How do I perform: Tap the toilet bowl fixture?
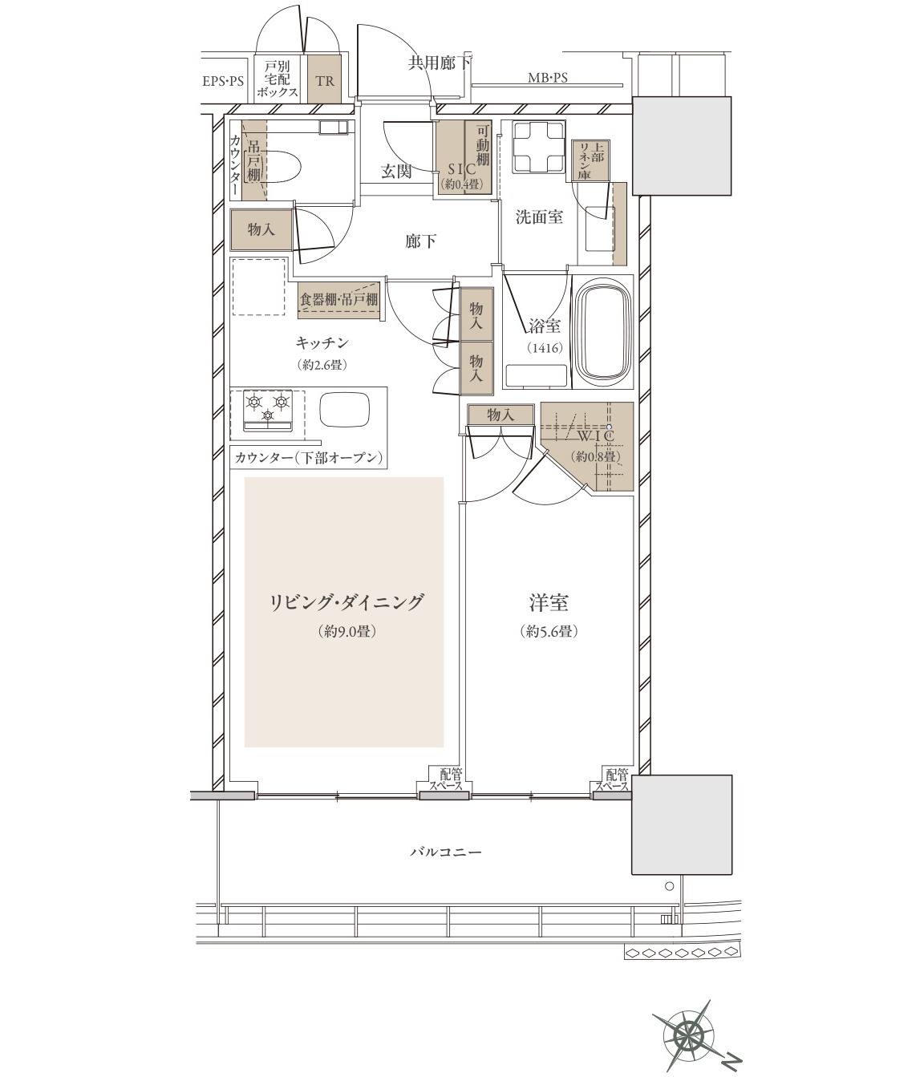pos(282,166)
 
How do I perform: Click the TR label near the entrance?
pos(325,81)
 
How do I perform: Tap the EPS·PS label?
pos(223,82)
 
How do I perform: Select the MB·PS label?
pos(547,78)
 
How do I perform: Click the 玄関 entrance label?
pos(396,172)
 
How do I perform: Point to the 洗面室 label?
pos(539,217)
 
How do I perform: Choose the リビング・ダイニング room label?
pos(346,602)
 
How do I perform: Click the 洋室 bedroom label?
pos(549,602)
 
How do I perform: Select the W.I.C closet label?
pos(595,435)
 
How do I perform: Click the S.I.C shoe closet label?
pos(462,169)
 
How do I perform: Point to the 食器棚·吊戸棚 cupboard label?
pos(338,300)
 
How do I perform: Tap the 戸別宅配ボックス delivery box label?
pos(277,79)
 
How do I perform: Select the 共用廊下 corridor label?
pos(440,63)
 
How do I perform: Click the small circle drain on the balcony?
pos(669,886)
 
